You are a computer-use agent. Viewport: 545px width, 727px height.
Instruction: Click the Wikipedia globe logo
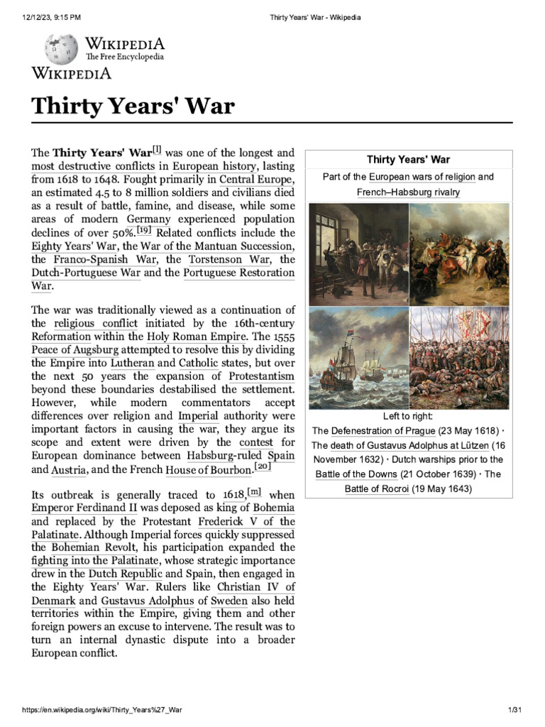tap(61, 49)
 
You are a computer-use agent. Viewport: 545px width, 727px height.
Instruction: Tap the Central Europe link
tap(255, 179)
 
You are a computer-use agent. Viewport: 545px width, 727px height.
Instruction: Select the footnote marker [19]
tap(143, 230)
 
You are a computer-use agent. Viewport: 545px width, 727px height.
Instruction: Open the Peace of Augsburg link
tap(75, 350)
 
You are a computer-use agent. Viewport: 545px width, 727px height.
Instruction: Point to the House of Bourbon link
tap(208, 470)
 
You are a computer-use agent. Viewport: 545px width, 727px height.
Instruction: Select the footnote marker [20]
tap(263, 466)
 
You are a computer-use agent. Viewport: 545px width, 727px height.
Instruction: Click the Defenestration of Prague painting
tap(358, 254)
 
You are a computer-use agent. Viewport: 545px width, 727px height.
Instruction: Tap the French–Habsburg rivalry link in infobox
tap(408, 192)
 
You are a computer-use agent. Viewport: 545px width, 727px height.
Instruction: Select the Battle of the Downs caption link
tap(356, 474)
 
